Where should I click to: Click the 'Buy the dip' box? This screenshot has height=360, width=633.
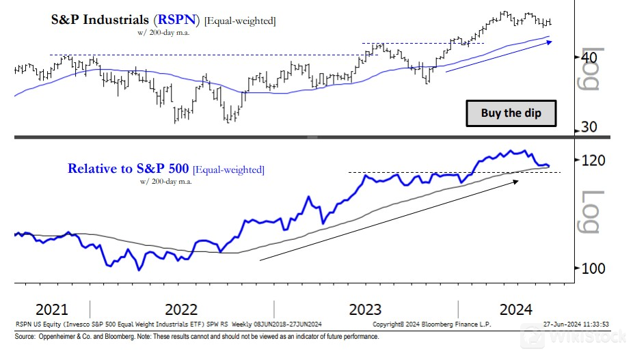coord(511,113)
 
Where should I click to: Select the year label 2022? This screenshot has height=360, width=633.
coord(181,308)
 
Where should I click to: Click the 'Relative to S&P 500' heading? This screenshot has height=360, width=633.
coord(129,169)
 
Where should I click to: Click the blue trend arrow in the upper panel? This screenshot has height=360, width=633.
coord(498,56)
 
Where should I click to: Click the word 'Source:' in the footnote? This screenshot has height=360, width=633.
coord(25,337)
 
